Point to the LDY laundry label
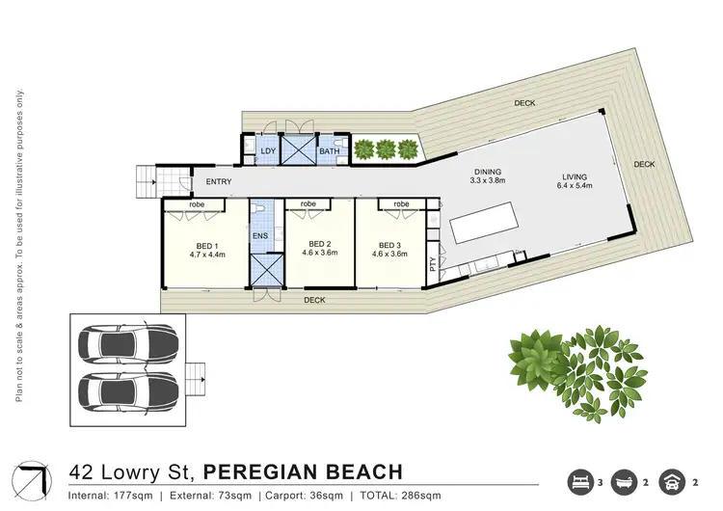(x=268, y=150)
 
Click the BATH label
(x=329, y=150)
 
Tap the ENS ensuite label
(x=259, y=235)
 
